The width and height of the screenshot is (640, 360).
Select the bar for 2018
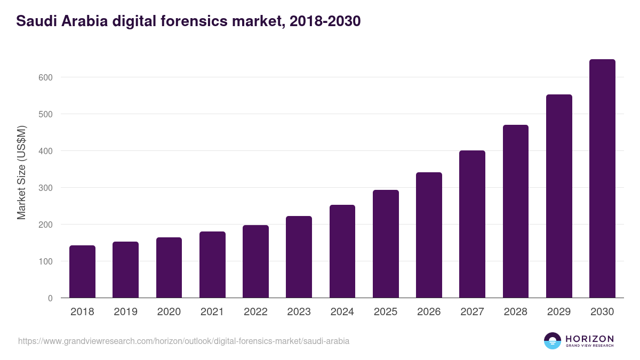(x=82, y=271)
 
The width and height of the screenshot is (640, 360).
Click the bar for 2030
(x=602, y=179)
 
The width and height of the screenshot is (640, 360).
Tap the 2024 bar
(x=342, y=251)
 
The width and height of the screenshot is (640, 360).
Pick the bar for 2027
(x=472, y=224)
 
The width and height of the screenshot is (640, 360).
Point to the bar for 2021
(x=212, y=265)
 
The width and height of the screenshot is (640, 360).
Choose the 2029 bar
(x=559, y=196)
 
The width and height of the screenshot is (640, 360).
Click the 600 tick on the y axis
(x=45, y=77)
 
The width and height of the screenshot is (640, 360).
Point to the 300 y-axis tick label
(x=45, y=188)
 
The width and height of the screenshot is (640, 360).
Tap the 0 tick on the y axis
(x=50, y=298)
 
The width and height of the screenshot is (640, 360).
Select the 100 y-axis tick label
(x=45, y=261)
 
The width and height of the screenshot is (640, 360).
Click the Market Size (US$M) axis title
(x=21, y=172)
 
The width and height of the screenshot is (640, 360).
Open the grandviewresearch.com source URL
(x=183, y=341)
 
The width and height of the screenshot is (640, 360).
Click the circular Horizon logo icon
(x=553, y=341)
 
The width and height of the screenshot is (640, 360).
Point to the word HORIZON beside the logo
(x=589, y=339)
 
